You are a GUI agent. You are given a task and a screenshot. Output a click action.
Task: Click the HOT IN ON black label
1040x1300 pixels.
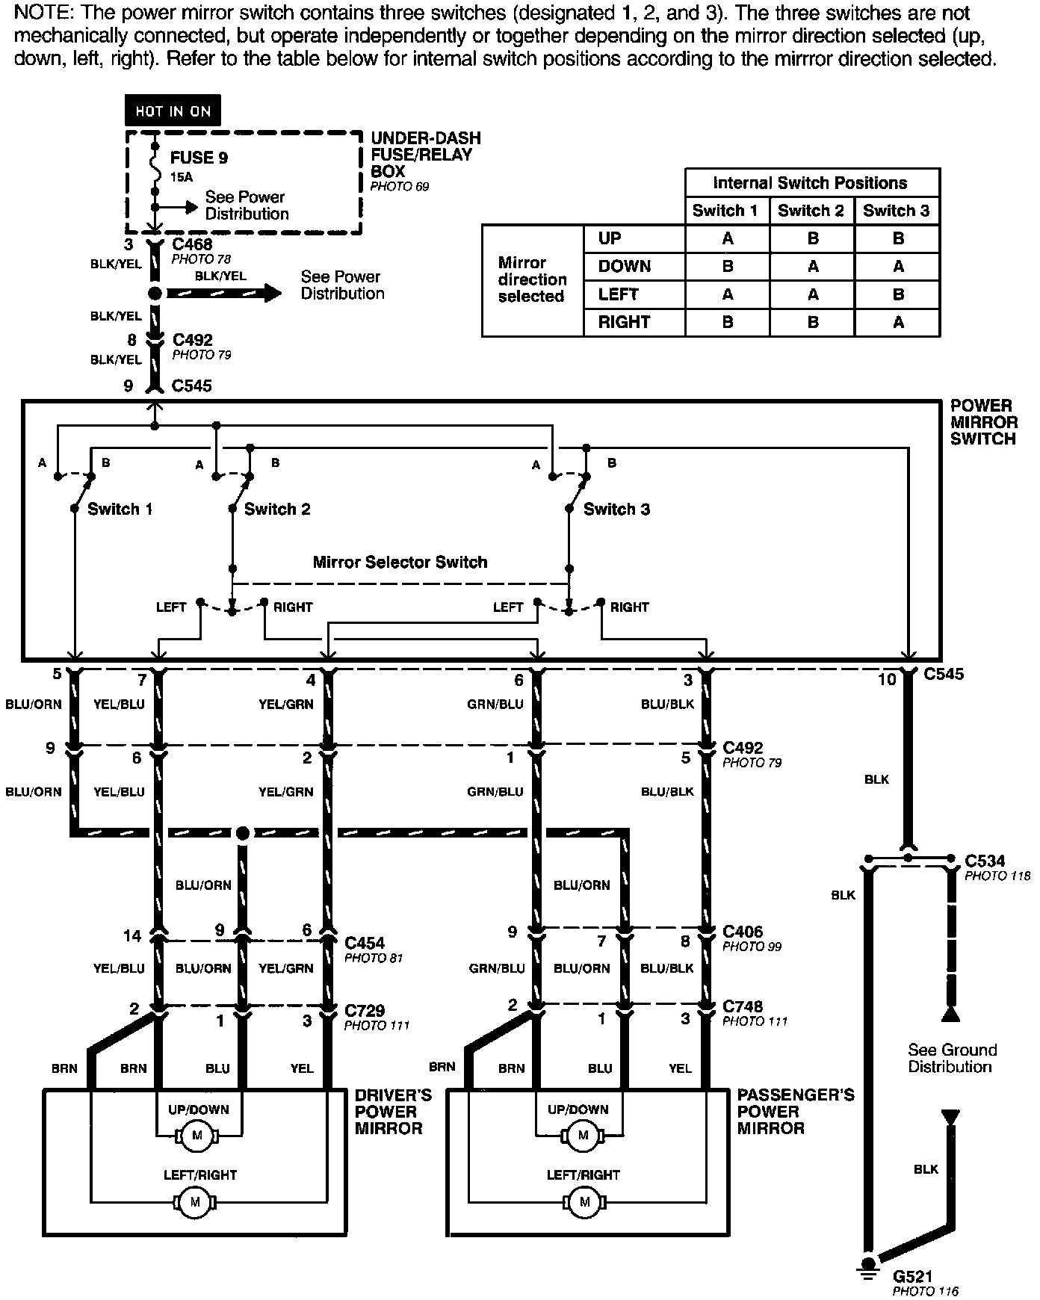pyautogui.click(x=173, y=111)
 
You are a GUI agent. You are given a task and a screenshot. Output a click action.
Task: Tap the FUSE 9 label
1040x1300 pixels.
pyautogui.click(x=199, y=158)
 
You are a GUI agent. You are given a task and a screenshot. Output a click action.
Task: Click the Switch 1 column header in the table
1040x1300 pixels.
pyautogui.click(x=725, y=211)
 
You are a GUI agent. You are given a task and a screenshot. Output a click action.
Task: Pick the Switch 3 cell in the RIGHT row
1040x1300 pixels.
pyautogui.click(x=897, y=323)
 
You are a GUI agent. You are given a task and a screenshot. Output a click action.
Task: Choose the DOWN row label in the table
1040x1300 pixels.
pyautogui.click(x=625, y=267)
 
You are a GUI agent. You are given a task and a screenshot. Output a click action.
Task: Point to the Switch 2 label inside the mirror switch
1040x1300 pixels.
pyautogui.click(x=277, y=510)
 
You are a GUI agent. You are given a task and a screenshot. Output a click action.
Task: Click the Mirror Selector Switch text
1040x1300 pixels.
pyautogui.click(x=400, y=562)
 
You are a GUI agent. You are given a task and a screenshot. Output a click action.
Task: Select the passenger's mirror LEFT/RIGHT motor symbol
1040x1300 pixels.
pyautogui.click(x=584, y=1202)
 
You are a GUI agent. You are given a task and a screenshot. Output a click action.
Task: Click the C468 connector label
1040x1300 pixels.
pyautogui.click(x=192, y=244)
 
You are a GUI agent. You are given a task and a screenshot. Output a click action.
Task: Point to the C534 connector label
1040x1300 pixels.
pyautogui.click(x=985, y=861)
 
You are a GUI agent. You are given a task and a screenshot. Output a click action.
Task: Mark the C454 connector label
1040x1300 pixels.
pyautogui.click(x=365, y=943)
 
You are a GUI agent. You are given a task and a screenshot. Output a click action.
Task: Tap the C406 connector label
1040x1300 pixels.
pyautogui.click(x=743, y=932)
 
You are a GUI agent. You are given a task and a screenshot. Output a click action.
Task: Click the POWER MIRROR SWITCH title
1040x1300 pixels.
pyautogui.click(x=983, y=422)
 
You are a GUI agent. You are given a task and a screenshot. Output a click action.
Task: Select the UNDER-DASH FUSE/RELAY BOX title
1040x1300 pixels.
pyautogui.click(x=425, y=155)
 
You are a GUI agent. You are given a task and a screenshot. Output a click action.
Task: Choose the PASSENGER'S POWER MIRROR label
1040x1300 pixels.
pyautogui.click(x=795, y=1111)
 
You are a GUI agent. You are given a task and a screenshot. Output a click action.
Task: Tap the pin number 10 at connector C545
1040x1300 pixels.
pyautogui.click(x=886, y=680)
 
